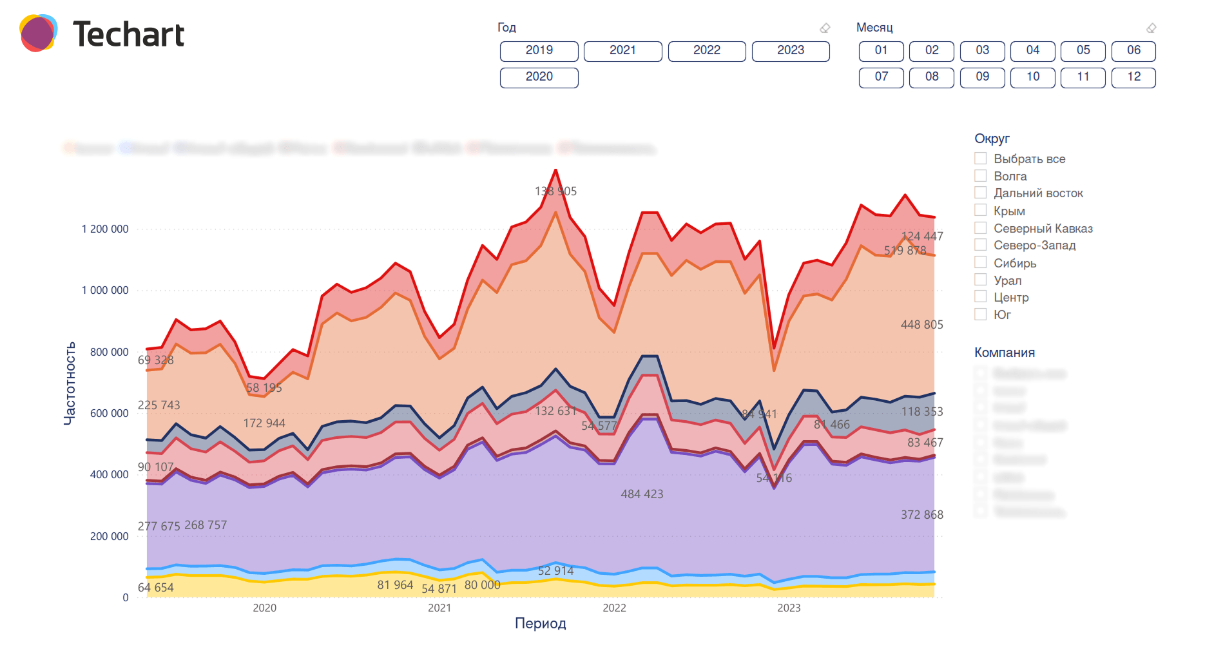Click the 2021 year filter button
point(622,51)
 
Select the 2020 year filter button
point(539,77)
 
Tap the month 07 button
point(881,77)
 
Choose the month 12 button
point(1133,77)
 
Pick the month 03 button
point(982,51)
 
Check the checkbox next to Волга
point(981,176)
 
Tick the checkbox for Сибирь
point(981,262)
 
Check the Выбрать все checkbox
point(981,159)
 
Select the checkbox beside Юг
point(981,314)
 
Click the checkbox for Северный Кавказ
point(981,227)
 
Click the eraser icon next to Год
point(825,28)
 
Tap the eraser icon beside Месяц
point(1151,28)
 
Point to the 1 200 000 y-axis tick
point(105,229)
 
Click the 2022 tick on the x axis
point(614,608)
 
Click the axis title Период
point(540,623)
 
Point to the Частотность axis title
point(70,383)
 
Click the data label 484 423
point(642,494)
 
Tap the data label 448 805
point(921,325)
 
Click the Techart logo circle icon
point(38,34)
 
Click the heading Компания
point(1004,352)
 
